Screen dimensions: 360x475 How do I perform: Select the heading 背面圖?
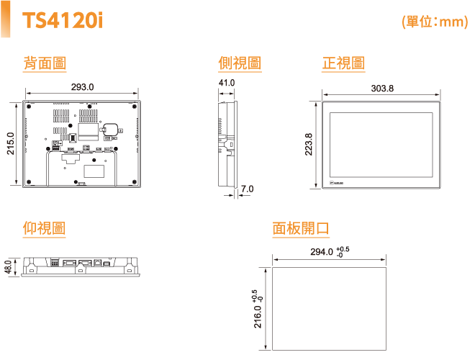click(x=45, y=64)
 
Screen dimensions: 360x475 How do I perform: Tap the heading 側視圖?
click(x=239, y=64)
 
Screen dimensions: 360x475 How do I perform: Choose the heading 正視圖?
click(x=343, y=64)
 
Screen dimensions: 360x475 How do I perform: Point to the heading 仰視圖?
click(x=45, y=228)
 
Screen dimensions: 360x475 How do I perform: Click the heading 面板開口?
click(x=301, y=228)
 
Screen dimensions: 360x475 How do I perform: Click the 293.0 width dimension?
click(x=82, y=87)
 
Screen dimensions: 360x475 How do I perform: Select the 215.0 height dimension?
click(x=10, y=144)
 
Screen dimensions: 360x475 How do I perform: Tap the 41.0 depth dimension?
click(x=227, y=84)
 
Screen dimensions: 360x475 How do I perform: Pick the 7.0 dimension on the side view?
click(x=247, y=189)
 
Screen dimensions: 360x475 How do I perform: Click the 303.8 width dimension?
click(x=382, y=89)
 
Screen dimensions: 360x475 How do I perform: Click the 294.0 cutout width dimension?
click(x=322, y=252)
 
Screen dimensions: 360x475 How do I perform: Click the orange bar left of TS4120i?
click(x=7, y=20)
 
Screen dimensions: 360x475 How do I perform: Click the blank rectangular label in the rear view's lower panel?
click(x=94, y=171)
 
